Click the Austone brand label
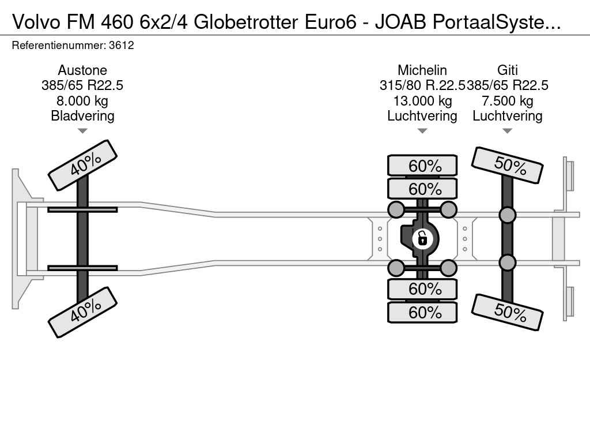[82, 70]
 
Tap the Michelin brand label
[422, 70]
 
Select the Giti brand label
[507, 70]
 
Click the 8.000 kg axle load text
[82, 101]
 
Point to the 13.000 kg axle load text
[422, 101]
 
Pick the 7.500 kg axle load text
[507, 101]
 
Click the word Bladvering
[82, 116]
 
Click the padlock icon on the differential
[422, 238]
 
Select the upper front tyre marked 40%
[83, 165]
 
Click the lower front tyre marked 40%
[83, 311]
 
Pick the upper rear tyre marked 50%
[508, 165]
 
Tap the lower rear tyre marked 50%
[508, 311]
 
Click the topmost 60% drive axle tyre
[422, 166]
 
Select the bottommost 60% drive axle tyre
[422, 313]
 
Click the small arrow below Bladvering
[82, 131]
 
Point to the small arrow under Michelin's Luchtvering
[422, 131]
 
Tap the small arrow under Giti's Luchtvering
[507, 131]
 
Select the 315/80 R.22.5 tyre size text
[422, 86]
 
